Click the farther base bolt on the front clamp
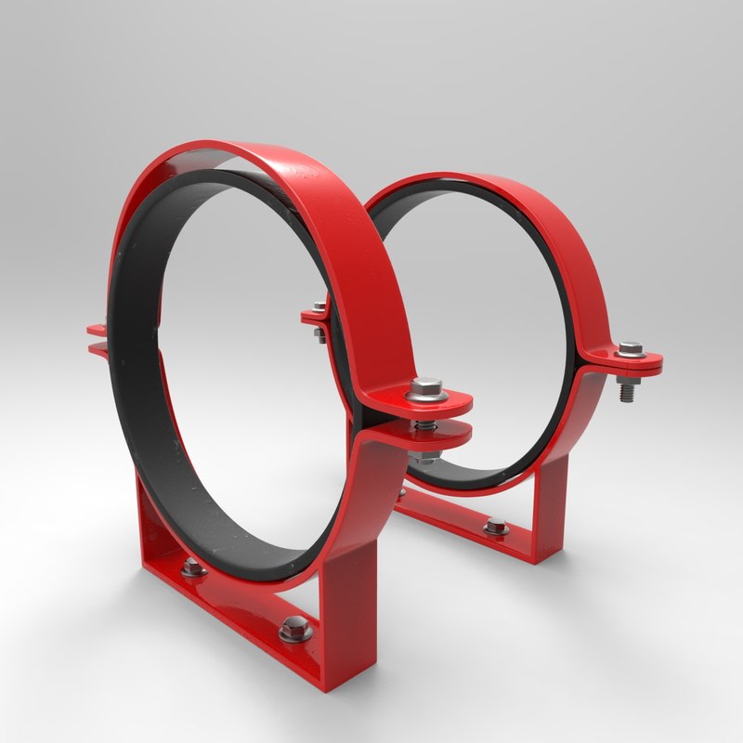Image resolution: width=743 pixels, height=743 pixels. click(193, 568)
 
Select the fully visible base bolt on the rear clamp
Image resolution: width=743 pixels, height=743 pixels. click(495, 528)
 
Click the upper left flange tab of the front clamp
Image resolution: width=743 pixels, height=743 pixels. click(96, 328)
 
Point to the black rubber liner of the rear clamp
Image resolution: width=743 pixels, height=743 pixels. click(557, 306)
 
